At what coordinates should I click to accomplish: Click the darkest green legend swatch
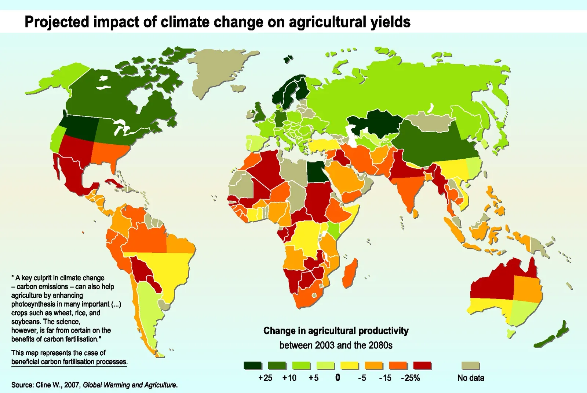[252, 366]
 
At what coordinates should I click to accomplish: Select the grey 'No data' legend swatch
[470, 366]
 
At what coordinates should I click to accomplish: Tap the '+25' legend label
[265, 378]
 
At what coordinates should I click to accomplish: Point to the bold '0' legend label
[338, 378]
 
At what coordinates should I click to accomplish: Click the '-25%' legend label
[410, 378]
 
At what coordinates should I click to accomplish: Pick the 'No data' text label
[471, 378]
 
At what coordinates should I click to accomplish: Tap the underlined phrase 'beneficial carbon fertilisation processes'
[69, 362]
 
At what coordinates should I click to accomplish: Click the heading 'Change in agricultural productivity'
[336, 331]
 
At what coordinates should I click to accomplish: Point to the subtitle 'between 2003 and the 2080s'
[336, 345]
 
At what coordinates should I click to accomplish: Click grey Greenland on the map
[216, 70]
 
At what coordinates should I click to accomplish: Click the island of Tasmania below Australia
[510, 333]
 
